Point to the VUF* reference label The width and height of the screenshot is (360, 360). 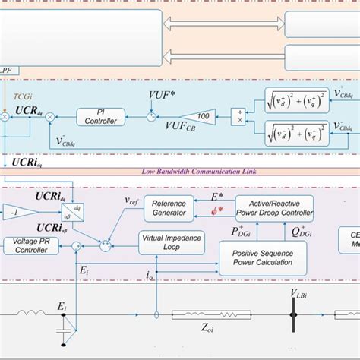click(162, 97)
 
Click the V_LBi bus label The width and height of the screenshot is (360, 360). click(295, 294)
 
